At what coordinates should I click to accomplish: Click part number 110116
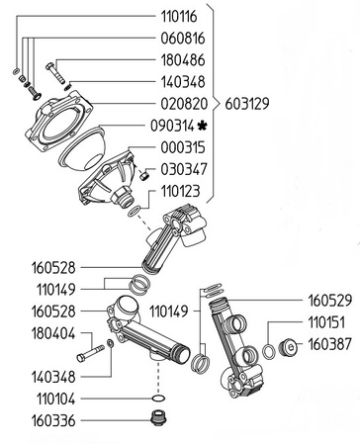tap(179, 17)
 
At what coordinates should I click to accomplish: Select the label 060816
tap(183, 39)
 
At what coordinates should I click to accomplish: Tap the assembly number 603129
tap(247, 104)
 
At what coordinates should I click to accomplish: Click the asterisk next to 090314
tap(202, 126)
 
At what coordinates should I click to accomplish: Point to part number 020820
tap(184, 104)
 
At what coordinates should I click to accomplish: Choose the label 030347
tap(184, 169)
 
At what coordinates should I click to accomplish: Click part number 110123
tap(180, 191)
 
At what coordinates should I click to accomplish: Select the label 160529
tap(330, 301)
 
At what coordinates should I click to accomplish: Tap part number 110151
tap(326, 322)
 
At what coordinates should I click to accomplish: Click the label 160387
tap(329, 344)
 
